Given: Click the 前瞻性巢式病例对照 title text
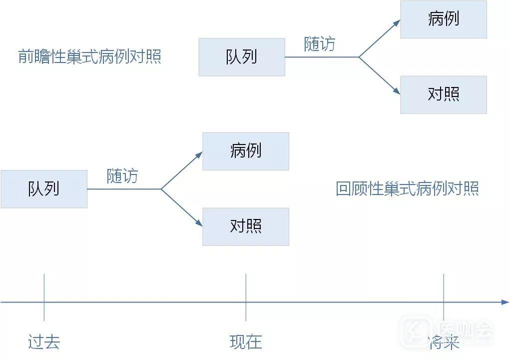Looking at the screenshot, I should pos(90,56).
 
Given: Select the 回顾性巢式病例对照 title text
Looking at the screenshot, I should pos(407,189).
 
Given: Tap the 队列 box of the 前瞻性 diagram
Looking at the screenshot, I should pos(242,57).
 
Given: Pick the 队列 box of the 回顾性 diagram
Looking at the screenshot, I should pos(44,189).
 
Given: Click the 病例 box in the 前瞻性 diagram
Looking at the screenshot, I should pos(444,19).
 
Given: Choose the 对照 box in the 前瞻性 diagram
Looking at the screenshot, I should pos(444,94).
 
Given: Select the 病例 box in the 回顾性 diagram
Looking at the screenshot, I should pos(246,151).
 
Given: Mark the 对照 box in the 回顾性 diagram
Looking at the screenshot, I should pos(246,226).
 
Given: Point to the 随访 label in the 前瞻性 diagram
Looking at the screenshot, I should pos(320,44).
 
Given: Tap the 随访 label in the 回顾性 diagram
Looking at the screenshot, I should pos(122,176).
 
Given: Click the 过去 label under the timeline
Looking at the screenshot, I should pos(44,342).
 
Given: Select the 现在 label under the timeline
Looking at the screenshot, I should pos(246,342).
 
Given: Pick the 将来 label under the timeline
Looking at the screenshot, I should pos(444,343).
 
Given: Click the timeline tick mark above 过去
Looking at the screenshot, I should pos(44,297).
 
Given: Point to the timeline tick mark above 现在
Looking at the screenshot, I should pos(246,297).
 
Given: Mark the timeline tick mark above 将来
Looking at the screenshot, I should pos(444,297).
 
